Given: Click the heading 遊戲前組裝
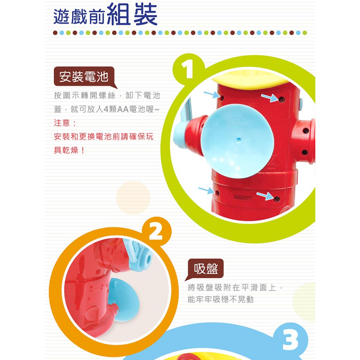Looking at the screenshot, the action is pos(105,14).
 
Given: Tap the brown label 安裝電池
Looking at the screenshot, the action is pos(84,76).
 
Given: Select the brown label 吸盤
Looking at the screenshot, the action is pos(206,268).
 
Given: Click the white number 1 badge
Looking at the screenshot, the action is pos(188,69).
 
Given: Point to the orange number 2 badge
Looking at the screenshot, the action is pos(156,231).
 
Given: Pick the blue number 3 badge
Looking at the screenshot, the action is pos(290,340).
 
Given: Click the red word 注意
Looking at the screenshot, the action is pos(62,123).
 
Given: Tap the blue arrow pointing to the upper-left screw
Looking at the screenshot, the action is pos(212,94).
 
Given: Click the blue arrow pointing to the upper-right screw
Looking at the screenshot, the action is pos(270,98).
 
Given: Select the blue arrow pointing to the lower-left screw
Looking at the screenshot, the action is pos(206,190).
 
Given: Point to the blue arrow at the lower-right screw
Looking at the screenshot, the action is pos(265,196).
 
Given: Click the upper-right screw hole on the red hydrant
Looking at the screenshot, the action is pos(282,99).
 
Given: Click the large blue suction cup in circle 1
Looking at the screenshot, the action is pos(237,141).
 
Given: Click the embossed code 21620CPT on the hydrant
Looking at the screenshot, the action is pos(243,197).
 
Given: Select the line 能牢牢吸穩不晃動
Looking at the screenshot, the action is pos(221,300).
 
